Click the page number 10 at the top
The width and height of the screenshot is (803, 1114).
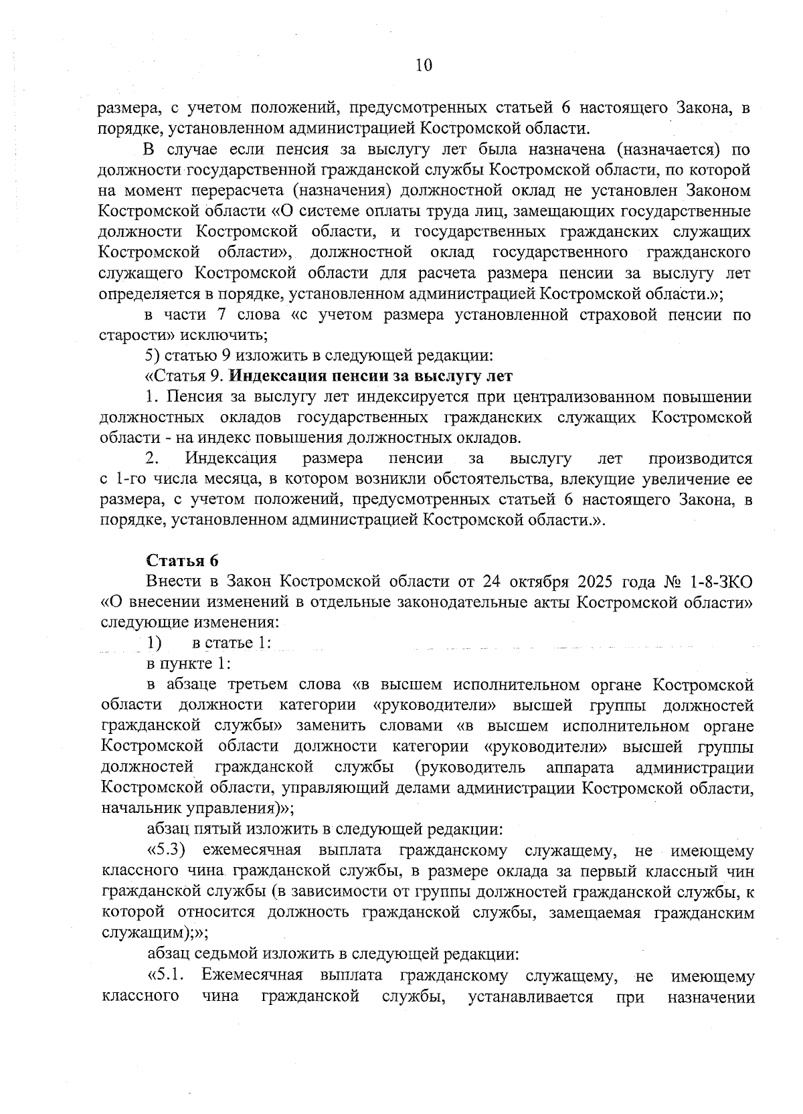point(424,65)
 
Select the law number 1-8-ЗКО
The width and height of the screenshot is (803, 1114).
point(721,581)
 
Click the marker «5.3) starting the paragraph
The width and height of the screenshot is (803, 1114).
point(166,851)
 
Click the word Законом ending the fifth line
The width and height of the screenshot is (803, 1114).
point(718,191)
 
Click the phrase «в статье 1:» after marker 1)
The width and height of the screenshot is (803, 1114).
point(232,643)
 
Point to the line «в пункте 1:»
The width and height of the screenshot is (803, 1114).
point(189,664)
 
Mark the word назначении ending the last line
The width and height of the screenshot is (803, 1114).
point(711,996)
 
